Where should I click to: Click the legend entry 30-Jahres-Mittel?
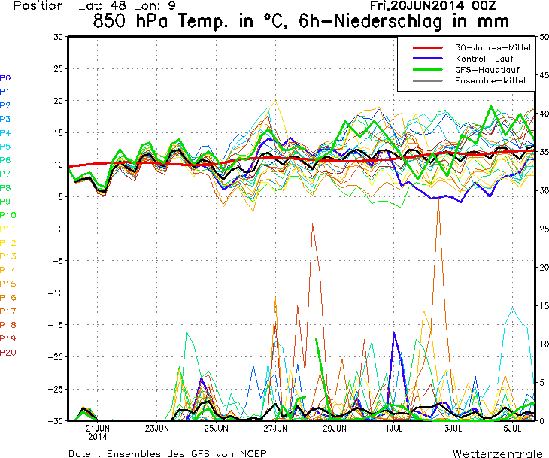coord(493,47)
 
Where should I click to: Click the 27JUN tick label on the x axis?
coord(274,428)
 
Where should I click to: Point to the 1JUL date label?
coord(393,428)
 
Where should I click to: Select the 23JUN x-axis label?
coord(156,428)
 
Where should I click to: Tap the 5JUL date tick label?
coord(512,428)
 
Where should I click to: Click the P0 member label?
coord(5,77)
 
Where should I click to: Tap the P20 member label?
coord(8,352)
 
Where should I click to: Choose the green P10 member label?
coord(8,215)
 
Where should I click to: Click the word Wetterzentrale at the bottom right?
coord(496,453)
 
